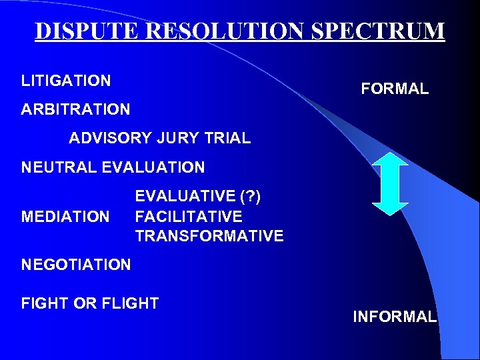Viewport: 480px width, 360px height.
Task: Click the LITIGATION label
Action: click(66, 81)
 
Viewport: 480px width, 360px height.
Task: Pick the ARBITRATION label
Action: click(75, 109)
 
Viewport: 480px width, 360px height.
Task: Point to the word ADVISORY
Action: click(111, 139)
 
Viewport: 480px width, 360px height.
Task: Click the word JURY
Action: click(179, 139)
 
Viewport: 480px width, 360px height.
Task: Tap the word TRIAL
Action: click(229, 139)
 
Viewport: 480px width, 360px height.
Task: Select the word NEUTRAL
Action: click(59, 168)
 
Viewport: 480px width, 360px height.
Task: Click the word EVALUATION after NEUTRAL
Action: click(154, 168)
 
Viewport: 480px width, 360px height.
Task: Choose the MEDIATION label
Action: click(65, 217)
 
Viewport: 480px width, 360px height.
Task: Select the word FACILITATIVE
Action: click(189, 217)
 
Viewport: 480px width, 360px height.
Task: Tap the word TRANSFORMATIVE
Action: click(209, 236)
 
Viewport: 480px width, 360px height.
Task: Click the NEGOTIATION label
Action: click(76, 265)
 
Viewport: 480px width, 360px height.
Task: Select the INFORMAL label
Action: click(395, 317)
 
